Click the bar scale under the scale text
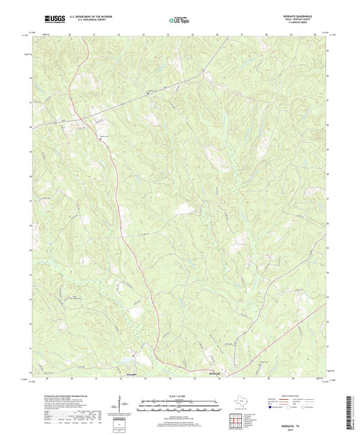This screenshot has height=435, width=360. [x=179, y=405]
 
